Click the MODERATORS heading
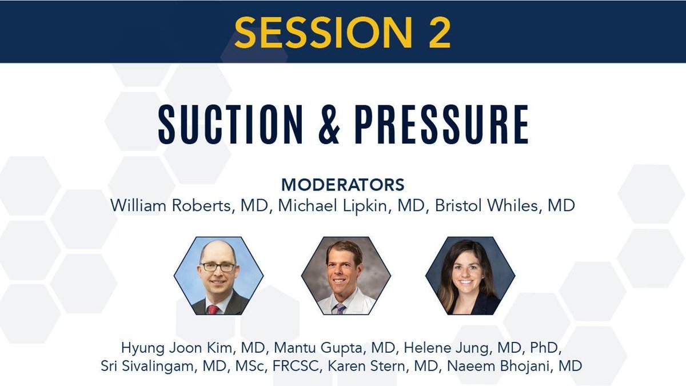tap(342, 185)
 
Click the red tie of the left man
tap(213, 309)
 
